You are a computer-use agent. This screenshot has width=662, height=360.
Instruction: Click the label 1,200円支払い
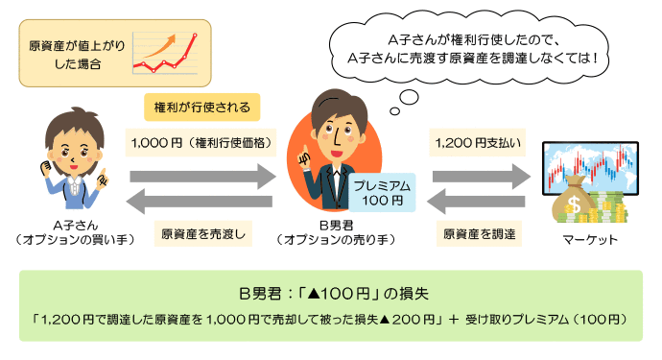click(479, 143)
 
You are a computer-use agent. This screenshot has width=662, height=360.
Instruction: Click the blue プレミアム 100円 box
click(381, 192)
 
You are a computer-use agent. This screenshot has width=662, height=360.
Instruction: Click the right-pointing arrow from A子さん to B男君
click(202, 177)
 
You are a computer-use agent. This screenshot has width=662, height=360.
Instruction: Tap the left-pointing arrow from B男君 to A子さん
click(202, 203)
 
